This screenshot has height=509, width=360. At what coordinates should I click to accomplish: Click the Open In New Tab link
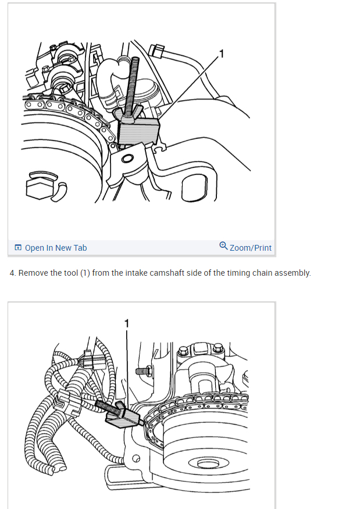pos(55,248)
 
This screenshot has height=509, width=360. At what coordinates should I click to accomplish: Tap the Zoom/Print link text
pos(250,248)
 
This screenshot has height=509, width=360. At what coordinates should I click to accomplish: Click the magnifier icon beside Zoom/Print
pos(223,245)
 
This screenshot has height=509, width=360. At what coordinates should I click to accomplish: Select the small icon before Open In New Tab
pos(18,248)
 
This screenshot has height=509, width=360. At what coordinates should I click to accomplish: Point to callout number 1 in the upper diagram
pos(222,54)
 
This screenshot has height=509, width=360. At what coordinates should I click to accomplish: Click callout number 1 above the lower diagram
pos(127,323)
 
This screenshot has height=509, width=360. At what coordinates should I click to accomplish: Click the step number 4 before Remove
pos(13,273)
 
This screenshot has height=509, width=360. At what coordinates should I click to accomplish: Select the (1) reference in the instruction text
pos(85,273)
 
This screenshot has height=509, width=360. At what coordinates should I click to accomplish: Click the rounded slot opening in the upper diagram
pos(194,188)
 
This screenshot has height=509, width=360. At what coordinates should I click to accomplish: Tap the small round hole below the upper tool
pos(127,159)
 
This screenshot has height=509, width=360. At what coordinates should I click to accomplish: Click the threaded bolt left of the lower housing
pos(144,371)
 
